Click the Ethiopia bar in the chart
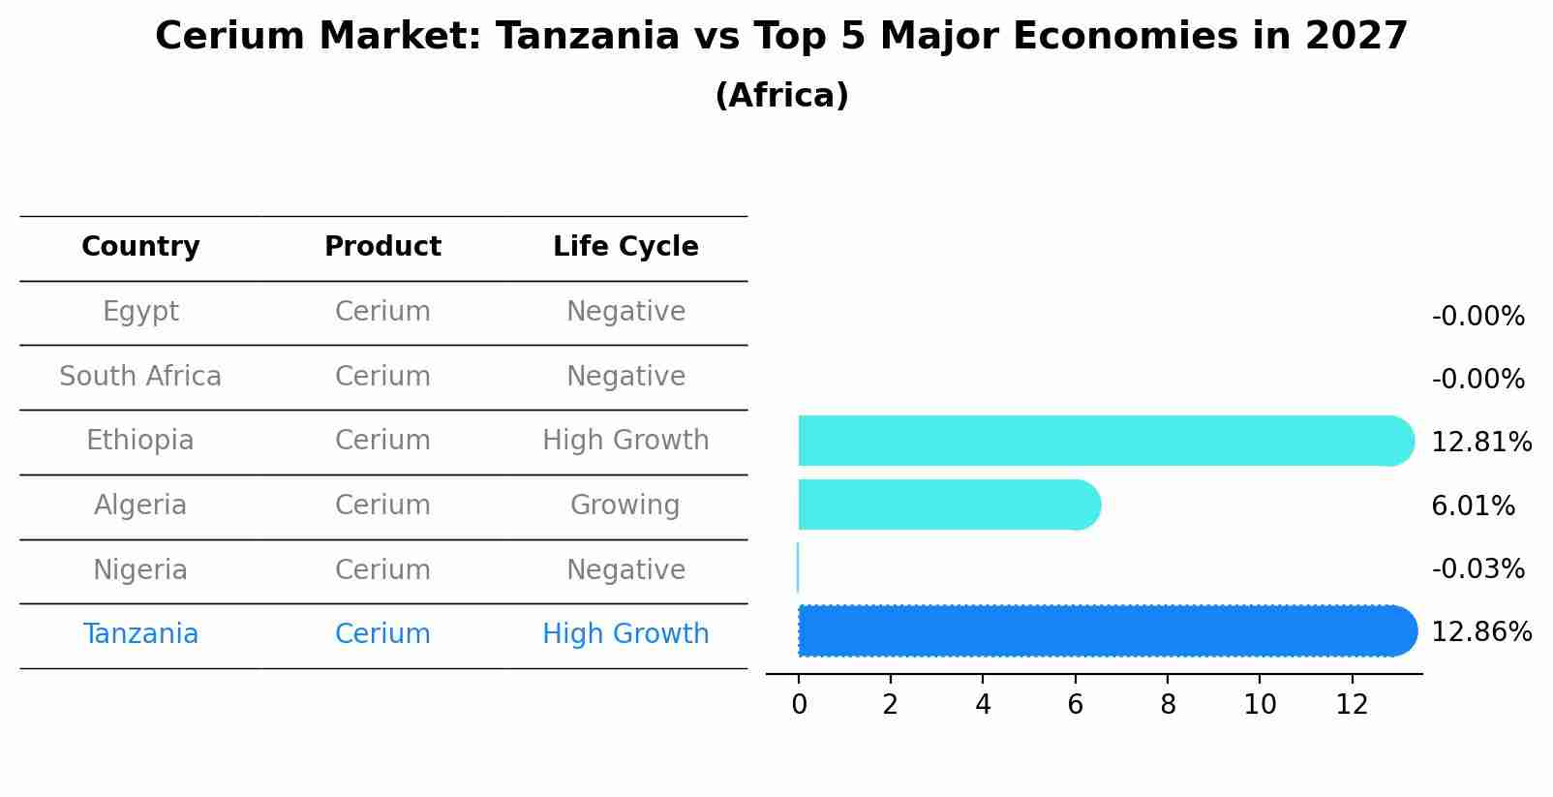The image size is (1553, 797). click(1104, 441)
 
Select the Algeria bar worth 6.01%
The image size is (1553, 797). click(949, 505)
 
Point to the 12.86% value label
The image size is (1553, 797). click(1480, 632)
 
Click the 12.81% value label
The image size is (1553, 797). click(1480, 443)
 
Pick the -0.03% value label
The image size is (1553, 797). click(1477, 569)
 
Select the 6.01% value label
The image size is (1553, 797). click(1473, 506)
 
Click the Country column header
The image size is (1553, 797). click(140, 247)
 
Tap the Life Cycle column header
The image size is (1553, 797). click(625, 247)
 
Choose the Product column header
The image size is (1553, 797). click(382, 247)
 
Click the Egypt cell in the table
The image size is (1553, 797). click(140, 312)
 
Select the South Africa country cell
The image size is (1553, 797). click(140, 377)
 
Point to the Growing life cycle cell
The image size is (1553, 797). click(625, 506)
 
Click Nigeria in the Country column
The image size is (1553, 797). click(140, 570)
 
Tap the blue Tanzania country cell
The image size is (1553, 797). click(140, 634)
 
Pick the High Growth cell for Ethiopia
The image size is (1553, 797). click(625, 441)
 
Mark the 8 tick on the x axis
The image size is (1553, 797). click(1168, 705)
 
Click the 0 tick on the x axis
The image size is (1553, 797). click(799, 705)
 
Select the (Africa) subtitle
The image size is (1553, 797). click(781, 96)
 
